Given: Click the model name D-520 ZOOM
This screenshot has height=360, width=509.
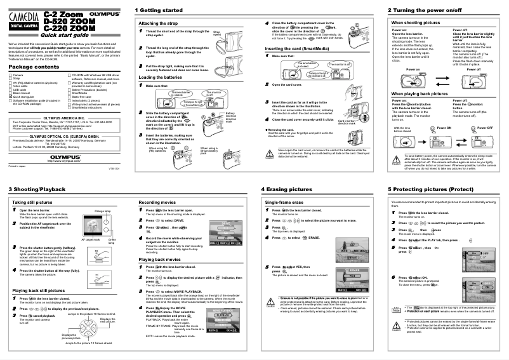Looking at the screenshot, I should [x=69, y=21].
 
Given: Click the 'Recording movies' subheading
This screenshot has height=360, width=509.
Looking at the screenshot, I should [x=157, y=202].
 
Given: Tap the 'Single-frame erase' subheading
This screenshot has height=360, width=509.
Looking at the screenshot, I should [x=283, y=202].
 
